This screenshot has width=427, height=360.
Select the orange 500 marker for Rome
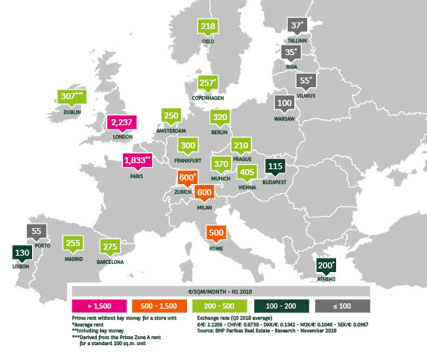click(215, 233)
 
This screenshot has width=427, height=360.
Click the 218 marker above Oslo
click(209, 27)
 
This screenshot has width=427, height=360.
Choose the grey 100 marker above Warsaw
click(284, 102)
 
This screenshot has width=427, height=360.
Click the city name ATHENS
click(326, 280)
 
